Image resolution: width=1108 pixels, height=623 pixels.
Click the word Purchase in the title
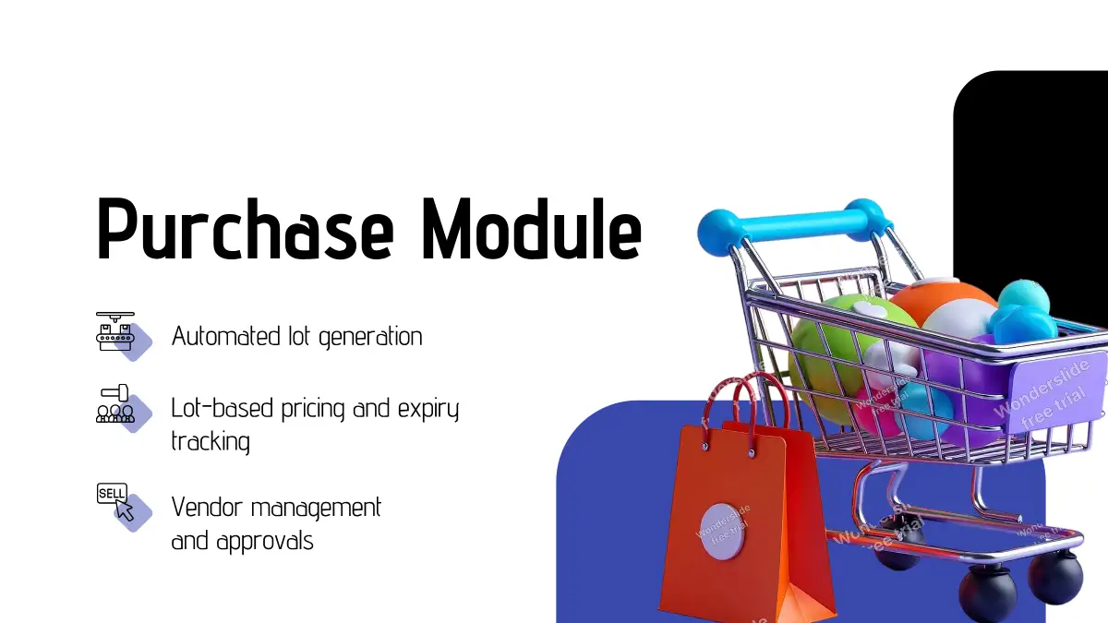[246, 229]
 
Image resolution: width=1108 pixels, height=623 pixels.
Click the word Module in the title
[532, 229]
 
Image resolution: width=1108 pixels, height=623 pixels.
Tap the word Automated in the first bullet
[226, 336]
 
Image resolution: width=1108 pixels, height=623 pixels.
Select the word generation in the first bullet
[370, 337]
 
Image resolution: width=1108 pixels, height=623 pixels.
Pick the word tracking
[211, 441]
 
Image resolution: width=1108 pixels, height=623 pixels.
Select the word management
[317, 509]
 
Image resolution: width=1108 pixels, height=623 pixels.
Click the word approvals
[265, 542]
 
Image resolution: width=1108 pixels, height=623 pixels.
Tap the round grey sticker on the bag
[723, 532]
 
